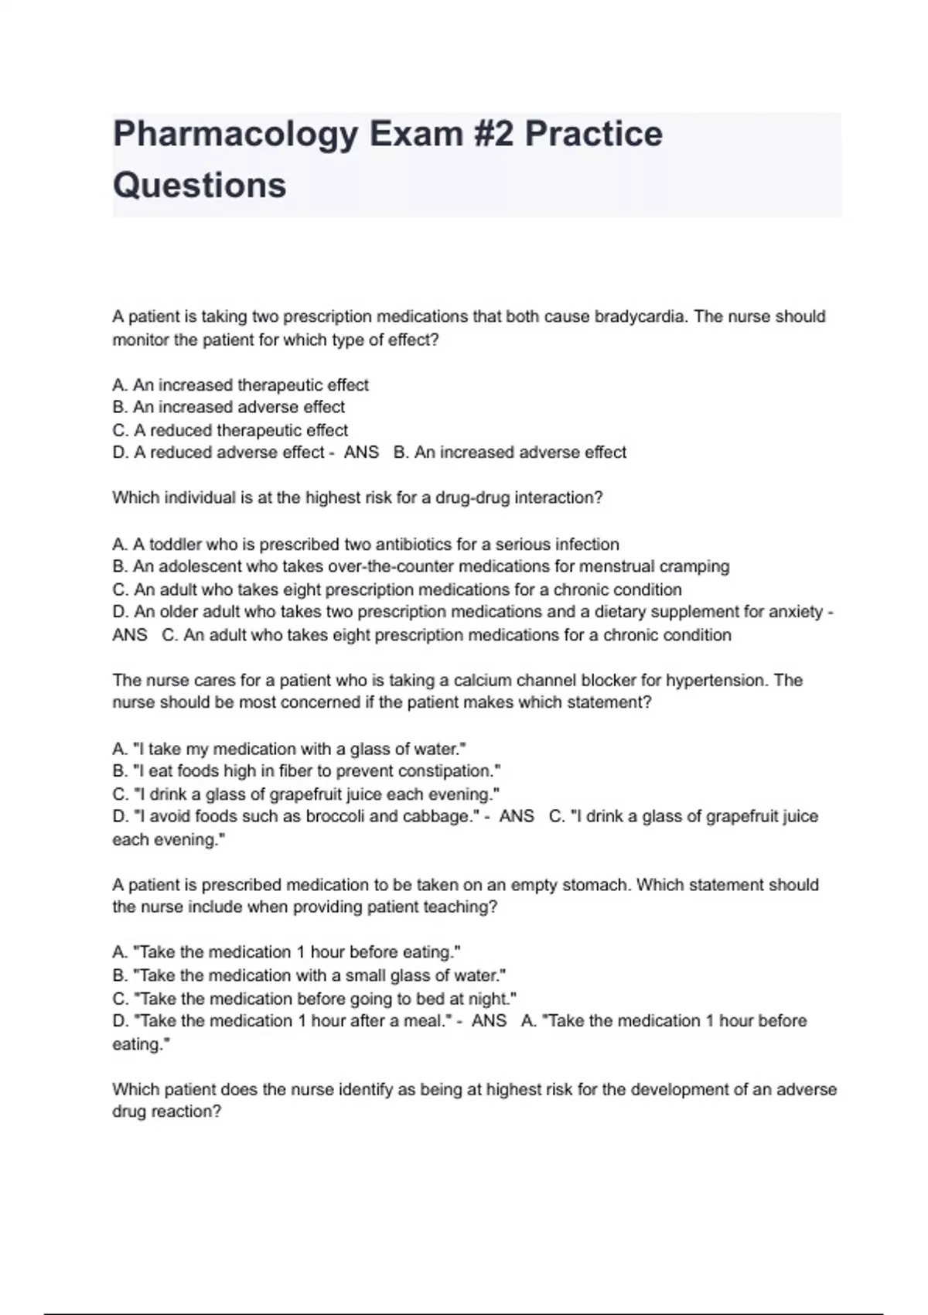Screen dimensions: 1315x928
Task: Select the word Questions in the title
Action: click(200, 186)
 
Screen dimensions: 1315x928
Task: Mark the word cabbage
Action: click(435, 817)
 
